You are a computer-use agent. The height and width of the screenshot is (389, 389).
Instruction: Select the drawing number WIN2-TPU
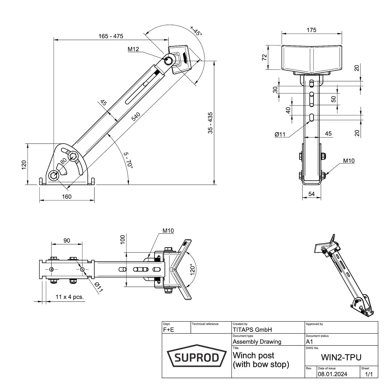click(x=341, y=357)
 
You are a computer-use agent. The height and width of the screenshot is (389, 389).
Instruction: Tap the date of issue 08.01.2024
click(x=332, y=374)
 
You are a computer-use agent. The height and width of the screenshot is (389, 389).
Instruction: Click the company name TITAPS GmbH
click(x=252, y=329)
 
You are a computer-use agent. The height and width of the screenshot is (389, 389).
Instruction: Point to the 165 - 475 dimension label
click(x=111, y=36)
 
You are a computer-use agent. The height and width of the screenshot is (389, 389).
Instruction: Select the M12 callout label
click(x=133, y=49)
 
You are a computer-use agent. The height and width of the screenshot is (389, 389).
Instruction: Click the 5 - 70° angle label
click(x=128, y=160)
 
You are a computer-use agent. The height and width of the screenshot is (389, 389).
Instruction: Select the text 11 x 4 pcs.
click(x=70, y=297)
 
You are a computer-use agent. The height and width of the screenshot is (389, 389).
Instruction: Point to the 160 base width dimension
click(x=67, y=197)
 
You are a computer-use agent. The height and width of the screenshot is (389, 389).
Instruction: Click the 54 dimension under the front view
click(x=311, y=194)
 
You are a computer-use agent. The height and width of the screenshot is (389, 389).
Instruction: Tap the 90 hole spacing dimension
click(x=67, y=240)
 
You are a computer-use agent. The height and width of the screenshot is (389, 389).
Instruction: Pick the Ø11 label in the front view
click(x=280, y=134)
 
